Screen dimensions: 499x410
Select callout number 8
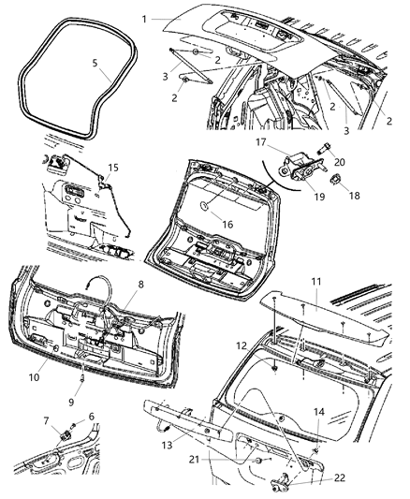click(142, 285)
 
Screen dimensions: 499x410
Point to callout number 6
click(90, 418)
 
